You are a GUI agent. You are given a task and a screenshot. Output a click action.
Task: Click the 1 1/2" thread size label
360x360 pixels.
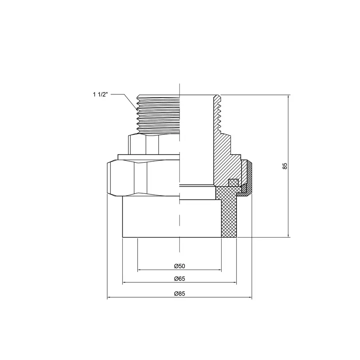pyautogui.click(x=100, y=95)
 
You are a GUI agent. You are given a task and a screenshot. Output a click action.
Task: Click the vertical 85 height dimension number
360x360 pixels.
pyautogui.click(x=285, y=166)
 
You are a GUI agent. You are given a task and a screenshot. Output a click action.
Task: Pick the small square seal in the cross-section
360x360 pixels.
pyautogui.click(x=233, y=182)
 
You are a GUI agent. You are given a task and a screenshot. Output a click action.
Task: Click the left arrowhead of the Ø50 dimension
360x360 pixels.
pyautogui.click(x=139, y=270)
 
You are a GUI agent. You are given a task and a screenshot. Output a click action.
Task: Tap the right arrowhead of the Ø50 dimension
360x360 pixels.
pyautogui.click(x=220, y=270)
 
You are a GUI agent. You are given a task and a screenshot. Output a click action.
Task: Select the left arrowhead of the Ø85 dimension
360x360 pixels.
pyautogui.click(x=109, y=298)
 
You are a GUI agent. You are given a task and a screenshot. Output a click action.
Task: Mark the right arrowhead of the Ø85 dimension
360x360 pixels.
pyautogui.click(x=250, y=298)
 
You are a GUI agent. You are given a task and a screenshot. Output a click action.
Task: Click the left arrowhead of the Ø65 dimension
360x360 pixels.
pyautogui.click(x=124, y=282)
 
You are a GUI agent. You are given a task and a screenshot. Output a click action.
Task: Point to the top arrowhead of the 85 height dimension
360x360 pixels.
pyautogui.click(x=288, y=97)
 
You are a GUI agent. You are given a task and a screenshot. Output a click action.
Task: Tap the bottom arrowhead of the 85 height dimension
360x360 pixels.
pyautogui.click(x=288, y=235)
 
